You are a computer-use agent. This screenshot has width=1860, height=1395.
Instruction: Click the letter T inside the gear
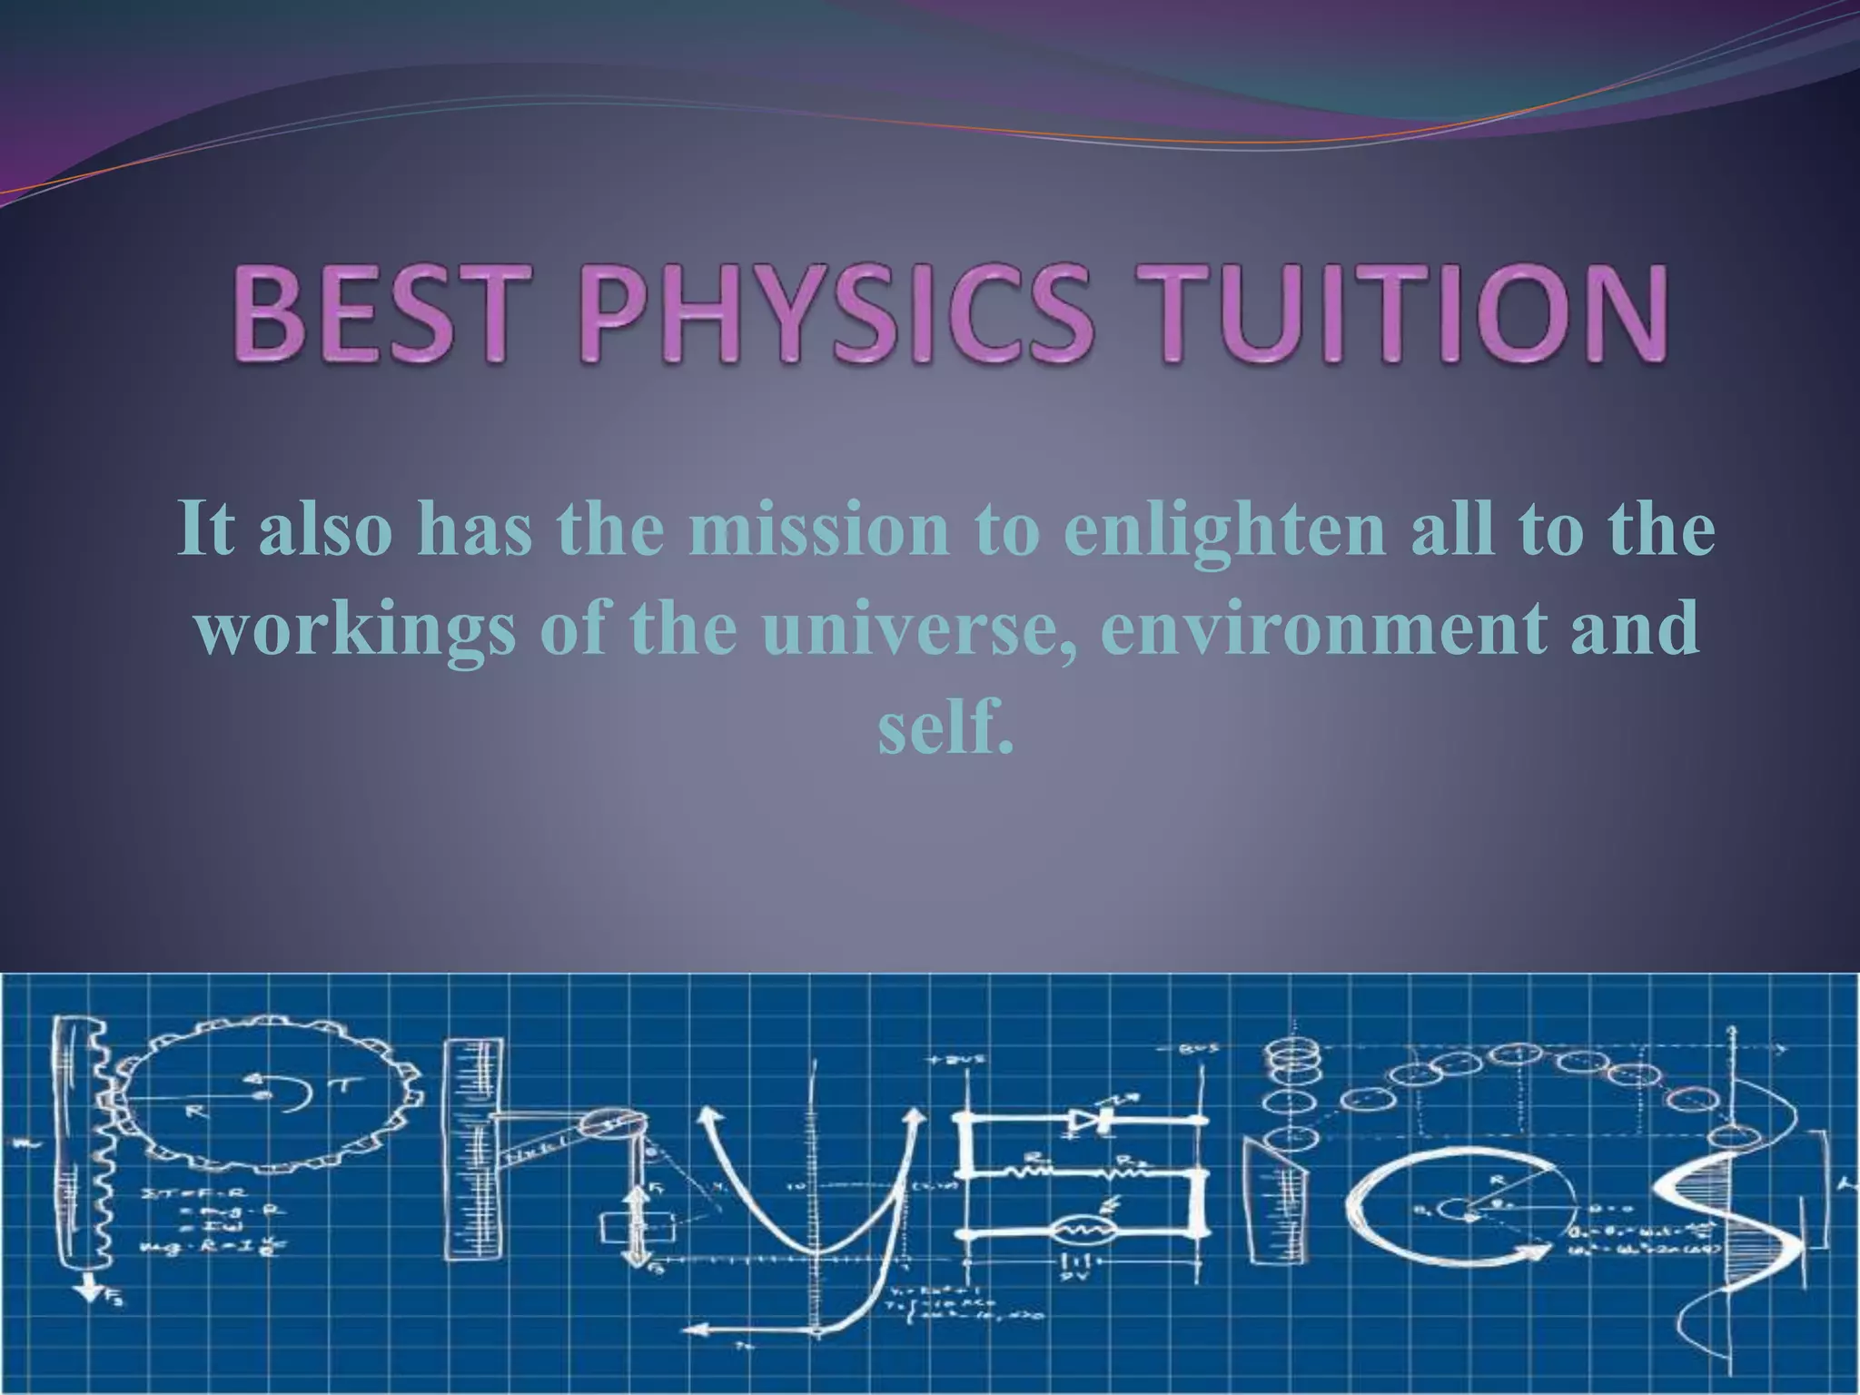pos(324,1100)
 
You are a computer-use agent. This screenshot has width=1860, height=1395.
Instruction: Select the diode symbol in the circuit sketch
pos(1088,1119)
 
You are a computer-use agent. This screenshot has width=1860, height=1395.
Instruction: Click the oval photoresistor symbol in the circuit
pos(1081,1231)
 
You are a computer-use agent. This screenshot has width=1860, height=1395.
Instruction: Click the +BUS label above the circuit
pos(945,1060)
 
